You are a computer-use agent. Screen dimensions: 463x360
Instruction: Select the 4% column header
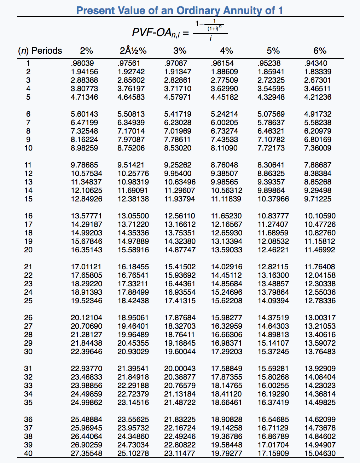[226, 51]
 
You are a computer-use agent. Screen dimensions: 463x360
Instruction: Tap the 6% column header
[320, 51]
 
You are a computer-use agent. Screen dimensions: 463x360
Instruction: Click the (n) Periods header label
[40, 51]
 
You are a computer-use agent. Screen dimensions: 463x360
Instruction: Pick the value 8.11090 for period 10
[224, 148]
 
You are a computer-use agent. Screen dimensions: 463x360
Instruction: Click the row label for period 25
[28, 301]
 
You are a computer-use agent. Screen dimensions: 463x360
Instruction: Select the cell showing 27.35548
[86, 453]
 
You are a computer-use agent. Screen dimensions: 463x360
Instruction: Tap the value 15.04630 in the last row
[320, 453]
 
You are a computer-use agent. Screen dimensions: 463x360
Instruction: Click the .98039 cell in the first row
[82, 63]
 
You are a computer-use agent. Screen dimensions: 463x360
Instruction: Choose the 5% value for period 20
[273, 250]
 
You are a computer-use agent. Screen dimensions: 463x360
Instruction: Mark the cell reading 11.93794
[180, 199]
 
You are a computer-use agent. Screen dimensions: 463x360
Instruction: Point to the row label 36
[28, 420]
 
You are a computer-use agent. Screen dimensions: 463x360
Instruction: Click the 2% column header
[86, 51]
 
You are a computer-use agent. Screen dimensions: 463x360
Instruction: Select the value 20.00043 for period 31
[180, 369]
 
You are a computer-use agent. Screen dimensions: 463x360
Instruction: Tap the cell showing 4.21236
[318, 97]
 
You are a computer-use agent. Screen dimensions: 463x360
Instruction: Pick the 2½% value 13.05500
[133, 216]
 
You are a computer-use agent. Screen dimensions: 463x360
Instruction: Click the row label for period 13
[28, 182]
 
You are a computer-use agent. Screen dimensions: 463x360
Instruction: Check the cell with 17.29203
[226, 352]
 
